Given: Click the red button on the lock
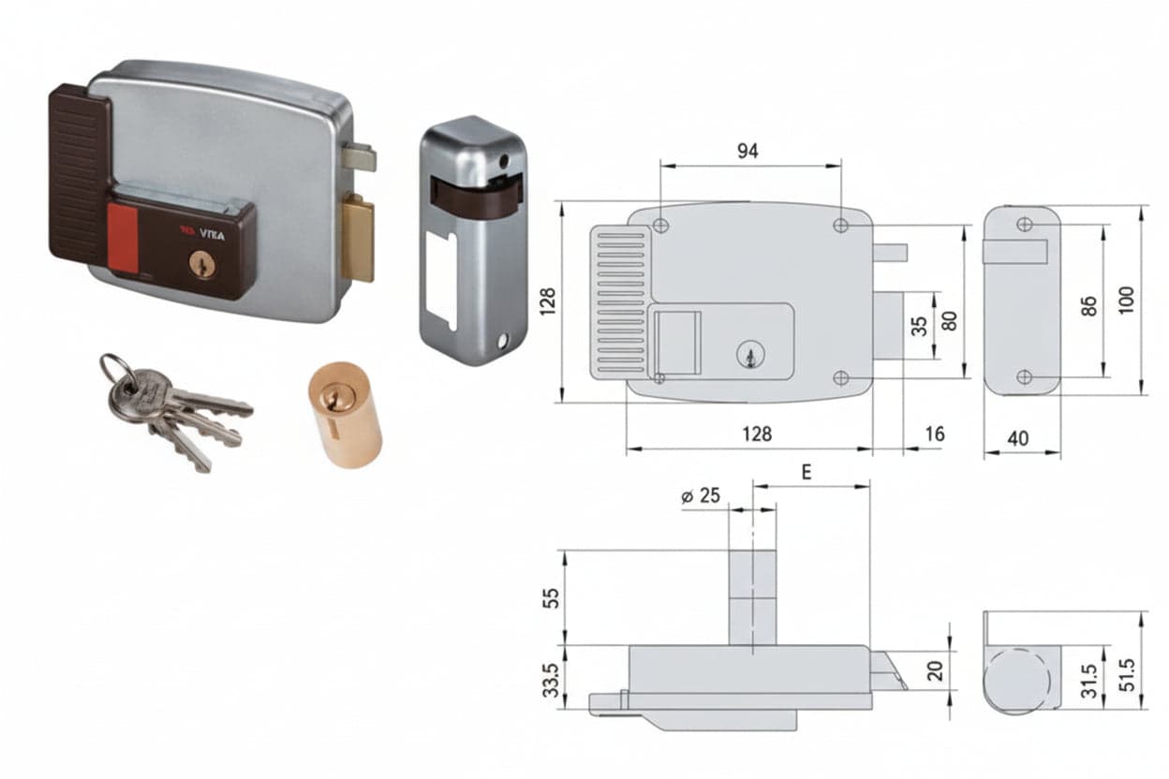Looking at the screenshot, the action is (x=123, y=239).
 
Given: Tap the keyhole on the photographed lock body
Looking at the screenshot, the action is (x=203, y=263).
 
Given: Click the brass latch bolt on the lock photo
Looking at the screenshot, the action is (x=359, y=237).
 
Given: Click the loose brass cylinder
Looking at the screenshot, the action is (x=346, y=415).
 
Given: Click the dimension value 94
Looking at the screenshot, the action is (x=747, y=151).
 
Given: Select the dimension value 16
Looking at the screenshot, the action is (x=935, y=434).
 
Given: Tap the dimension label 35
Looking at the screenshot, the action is (x=920, y=326).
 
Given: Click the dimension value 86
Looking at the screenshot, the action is (x=1089, y=306).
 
